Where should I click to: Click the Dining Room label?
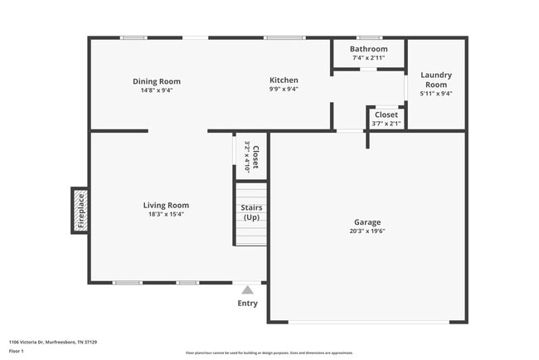(x=157, y=81)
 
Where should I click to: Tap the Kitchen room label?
(x=284, y=80)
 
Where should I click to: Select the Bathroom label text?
(x=368, y=49)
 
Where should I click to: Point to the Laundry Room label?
(x=436, y=80)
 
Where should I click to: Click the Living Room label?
(x=166, y=205)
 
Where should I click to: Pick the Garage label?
(x=367, y=222)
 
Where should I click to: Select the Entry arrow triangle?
(x=247, y=290)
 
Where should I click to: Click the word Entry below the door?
(x=247, y=304)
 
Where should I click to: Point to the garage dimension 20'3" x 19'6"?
(x=367, y=231)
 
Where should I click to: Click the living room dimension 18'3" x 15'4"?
(x=166, y=214)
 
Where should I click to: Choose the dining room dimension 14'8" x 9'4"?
(x=157, y=90)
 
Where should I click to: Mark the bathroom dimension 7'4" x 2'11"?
(x=368, y=58)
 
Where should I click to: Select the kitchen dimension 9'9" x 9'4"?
(x=284, y=90)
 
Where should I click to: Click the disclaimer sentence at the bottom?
(x=269, y=353)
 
